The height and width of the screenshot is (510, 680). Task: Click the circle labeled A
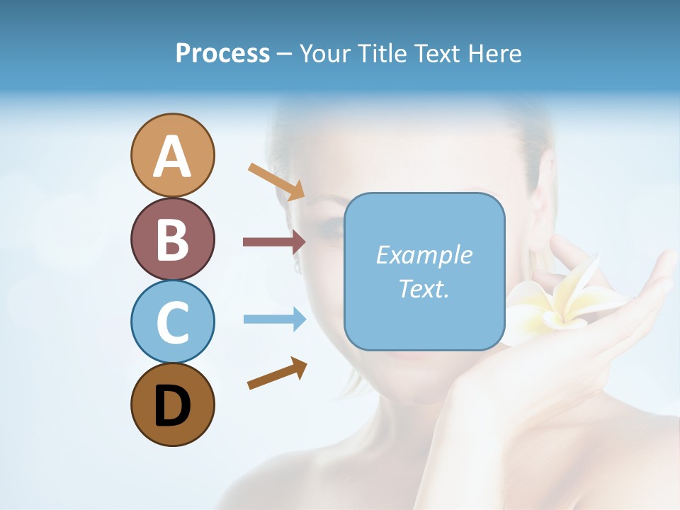[172, 155]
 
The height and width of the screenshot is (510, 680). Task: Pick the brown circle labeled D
[172, 404]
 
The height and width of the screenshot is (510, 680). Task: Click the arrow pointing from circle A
[276, 181]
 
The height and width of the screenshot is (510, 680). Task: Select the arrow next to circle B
[274, 242]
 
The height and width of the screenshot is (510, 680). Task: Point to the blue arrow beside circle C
[274, 319]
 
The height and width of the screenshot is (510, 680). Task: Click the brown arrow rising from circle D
[277, 373]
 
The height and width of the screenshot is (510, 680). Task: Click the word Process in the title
[222, 53]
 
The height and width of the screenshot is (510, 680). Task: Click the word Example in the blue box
[424, 255]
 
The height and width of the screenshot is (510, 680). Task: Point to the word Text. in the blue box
[424, 289]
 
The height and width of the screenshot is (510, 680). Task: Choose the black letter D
[172, 406]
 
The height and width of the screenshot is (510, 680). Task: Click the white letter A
[172, 157]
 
